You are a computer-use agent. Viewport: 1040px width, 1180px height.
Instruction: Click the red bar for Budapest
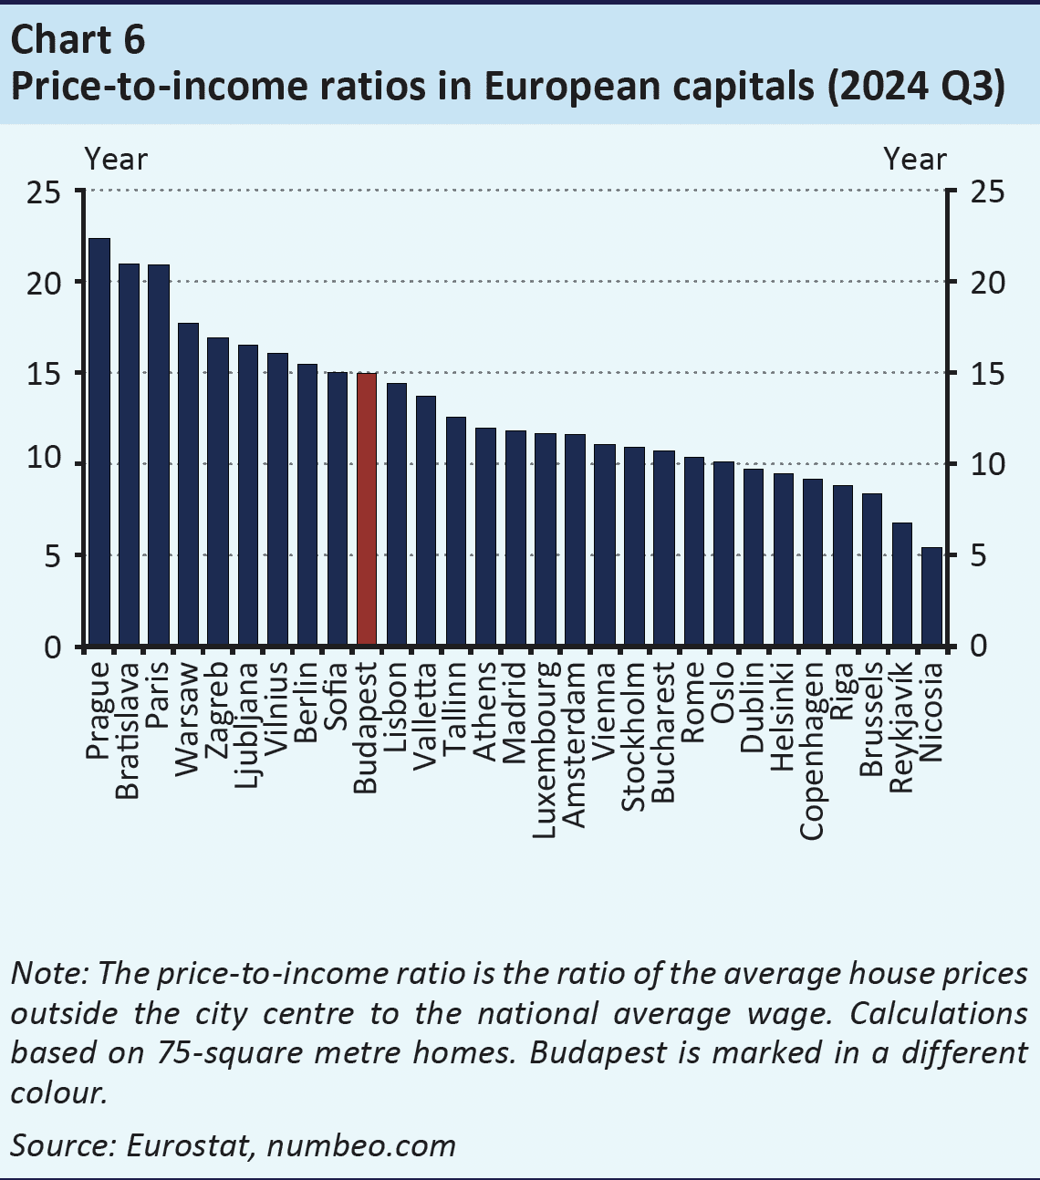point(366,510)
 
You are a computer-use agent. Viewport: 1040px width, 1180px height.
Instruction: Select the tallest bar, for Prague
point(99,442)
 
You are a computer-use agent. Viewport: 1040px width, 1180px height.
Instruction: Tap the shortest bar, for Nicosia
point(931,597)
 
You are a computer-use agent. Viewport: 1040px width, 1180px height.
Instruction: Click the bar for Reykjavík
point(901,585)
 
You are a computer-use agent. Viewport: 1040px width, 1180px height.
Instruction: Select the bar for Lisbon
point(396,515)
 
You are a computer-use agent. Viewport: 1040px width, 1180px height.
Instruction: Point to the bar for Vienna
point(604,545)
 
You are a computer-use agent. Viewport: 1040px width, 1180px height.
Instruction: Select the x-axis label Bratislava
point(128,730)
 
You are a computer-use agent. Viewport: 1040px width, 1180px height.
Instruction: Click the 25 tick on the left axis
point(43,192)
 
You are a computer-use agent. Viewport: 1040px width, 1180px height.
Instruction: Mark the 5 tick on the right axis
point(978,555)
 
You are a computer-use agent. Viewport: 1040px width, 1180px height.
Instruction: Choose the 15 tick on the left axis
point(43,374)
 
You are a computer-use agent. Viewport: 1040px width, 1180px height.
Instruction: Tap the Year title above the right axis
point(915,160)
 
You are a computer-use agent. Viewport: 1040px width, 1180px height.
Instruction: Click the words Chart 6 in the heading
point(78,41)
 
